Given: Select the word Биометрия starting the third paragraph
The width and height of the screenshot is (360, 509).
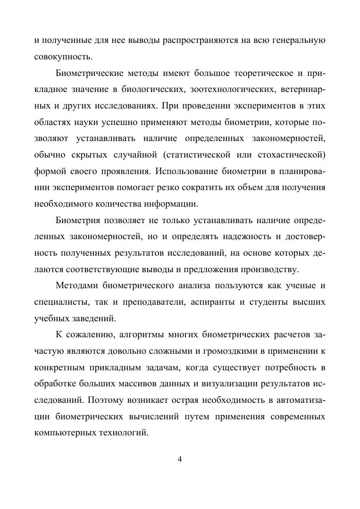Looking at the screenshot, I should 76,221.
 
